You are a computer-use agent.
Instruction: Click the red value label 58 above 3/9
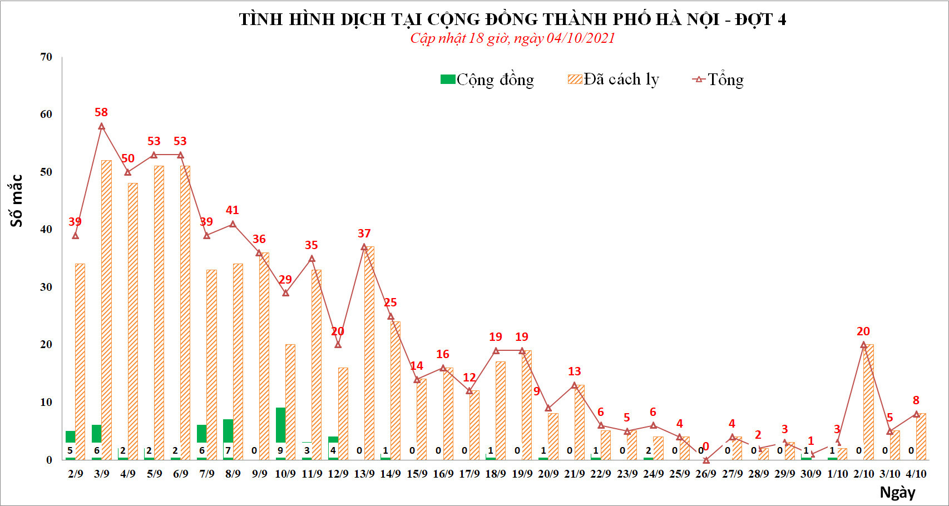[x=101, y=112]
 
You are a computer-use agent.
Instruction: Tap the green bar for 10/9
[x=280, y=425]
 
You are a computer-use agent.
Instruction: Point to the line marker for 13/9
[x=364, y=247]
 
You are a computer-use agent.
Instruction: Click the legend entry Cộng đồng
[x=487, y=80]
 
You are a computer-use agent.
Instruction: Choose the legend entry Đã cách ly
[x=614, y=80]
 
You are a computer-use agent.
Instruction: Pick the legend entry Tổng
[x=718, y=80]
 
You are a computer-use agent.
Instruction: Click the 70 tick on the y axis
[x=46, y=57]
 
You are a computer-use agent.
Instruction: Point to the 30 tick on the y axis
[x=46, y=287]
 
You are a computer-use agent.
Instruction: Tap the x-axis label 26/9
[x=706, y=474]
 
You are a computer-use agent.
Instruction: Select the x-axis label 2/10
[x=863, y=474]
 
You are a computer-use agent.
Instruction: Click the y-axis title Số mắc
[x=17, y=201]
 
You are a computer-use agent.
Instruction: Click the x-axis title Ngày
[x=897, y=492]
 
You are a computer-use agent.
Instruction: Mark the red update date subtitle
[x=512, y=38]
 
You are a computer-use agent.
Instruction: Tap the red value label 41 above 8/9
[x=233, y=210]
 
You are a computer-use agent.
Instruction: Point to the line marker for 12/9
[x=338, y=345]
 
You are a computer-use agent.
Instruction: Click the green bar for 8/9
[x=228, y=431]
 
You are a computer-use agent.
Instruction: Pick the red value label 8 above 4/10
[x=916, y=400]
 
